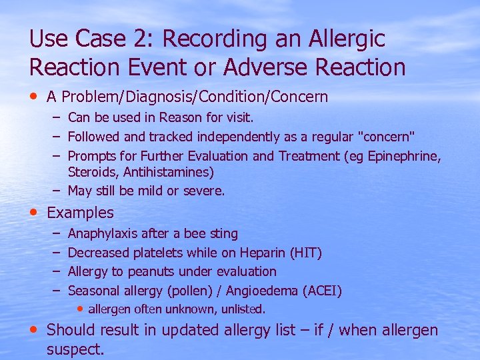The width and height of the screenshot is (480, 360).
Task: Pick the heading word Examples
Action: pyautogui.click(x=81, y=213)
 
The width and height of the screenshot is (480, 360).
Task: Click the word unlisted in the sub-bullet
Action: pyautogui.click(x=243, y=309)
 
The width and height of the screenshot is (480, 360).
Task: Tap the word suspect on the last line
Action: pyautogui.click(x=75, y=349)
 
